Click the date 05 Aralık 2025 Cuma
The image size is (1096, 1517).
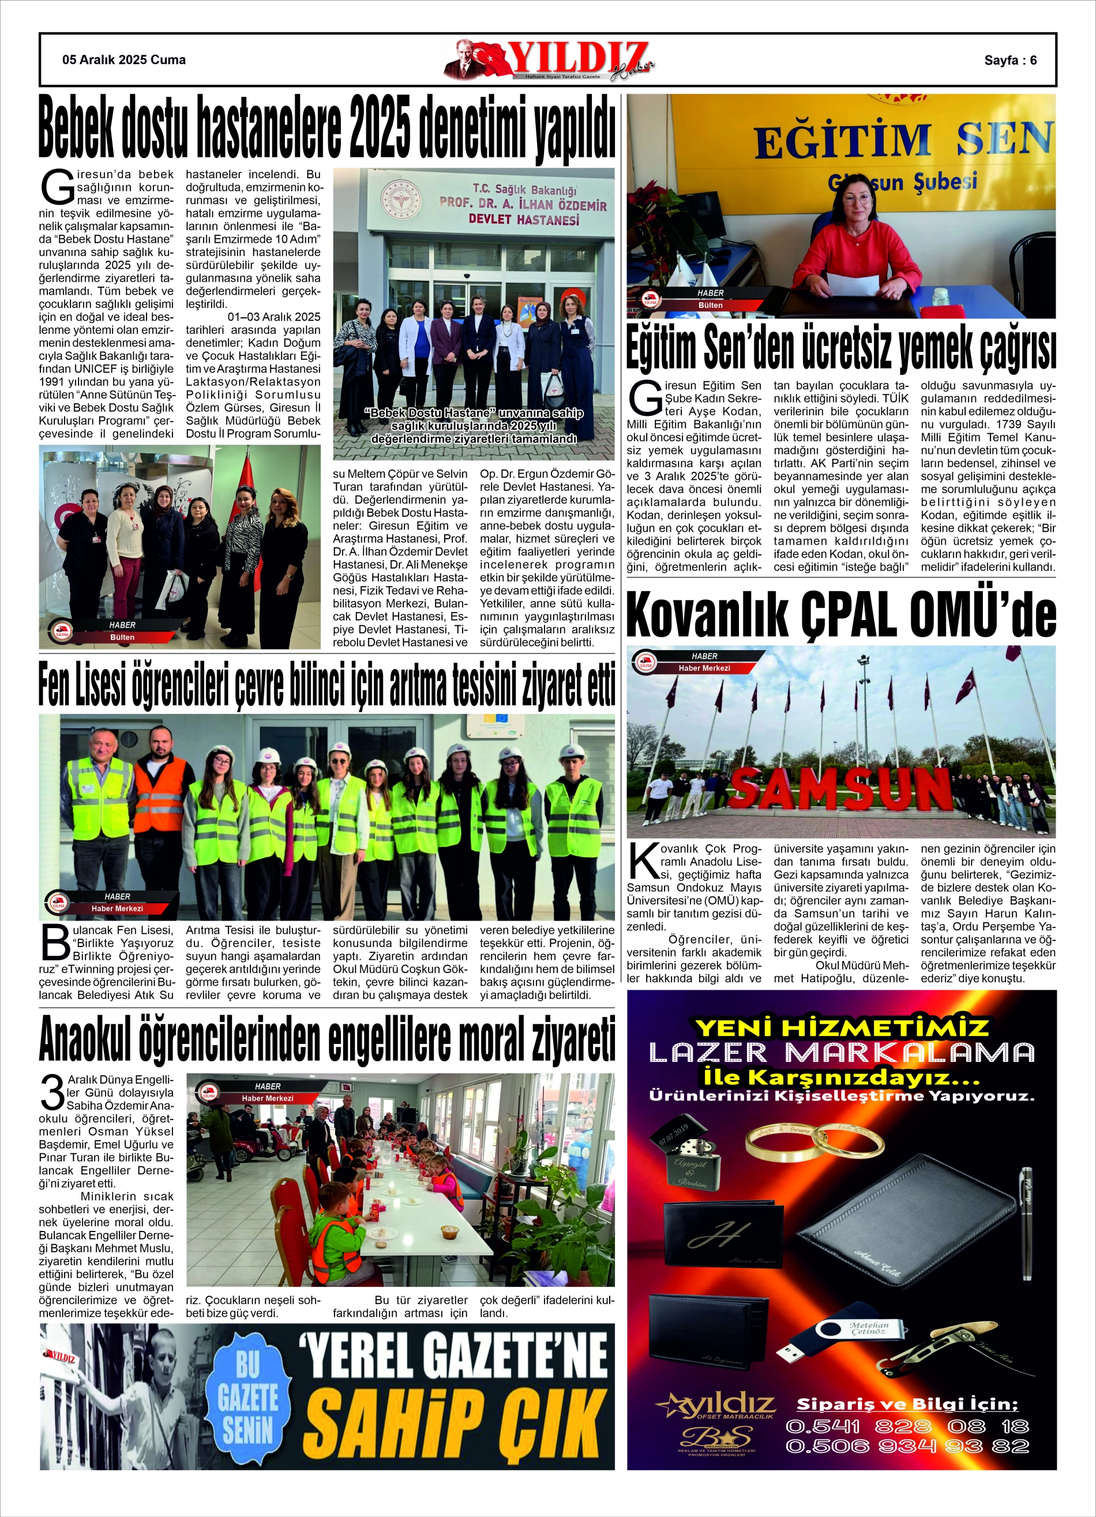pos(124,60)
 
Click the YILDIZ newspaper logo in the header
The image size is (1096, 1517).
pos(549,60)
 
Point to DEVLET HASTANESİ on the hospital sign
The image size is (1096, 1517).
pos(523,219)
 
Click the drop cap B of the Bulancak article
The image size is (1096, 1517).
pos(55,944)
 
